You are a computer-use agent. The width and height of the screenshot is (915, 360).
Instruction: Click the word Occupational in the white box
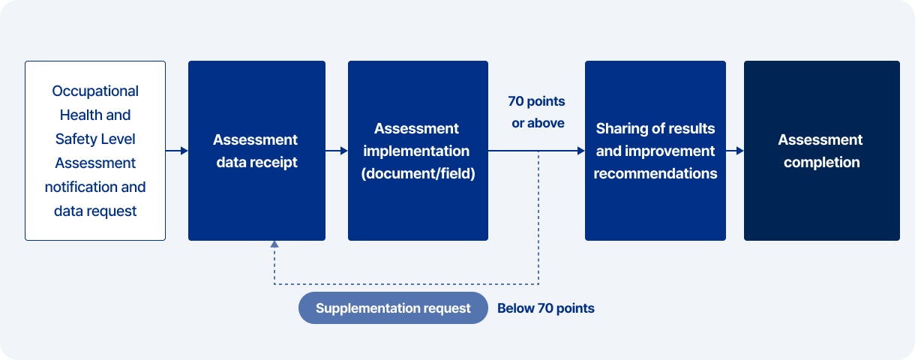pos(95,91)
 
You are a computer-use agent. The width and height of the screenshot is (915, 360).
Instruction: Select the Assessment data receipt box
pos(256,151)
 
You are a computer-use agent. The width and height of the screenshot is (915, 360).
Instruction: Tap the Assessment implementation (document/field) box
pos(418,151)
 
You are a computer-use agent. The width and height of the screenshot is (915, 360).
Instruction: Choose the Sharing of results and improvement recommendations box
pos(655,151)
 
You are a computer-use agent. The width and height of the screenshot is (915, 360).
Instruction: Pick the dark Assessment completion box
pos(821,151)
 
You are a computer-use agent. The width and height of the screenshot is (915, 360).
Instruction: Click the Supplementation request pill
pos(393,308)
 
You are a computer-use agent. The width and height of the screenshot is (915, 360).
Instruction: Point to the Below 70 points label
pos(546,308)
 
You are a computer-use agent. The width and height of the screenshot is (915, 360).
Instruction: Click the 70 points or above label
pos(537,112)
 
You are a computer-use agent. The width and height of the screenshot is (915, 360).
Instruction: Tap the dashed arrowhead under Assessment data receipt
pos(274,244)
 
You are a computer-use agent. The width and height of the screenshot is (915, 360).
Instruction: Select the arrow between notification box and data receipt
pos(177,151)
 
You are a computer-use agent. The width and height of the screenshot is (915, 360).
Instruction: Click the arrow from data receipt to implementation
pos(337,151)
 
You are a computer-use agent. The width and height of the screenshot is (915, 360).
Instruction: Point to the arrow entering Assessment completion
pos(735,151)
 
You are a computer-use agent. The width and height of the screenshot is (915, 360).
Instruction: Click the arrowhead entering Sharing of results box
pos(580,151)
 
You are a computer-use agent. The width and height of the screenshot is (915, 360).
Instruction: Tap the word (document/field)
pos(418,174)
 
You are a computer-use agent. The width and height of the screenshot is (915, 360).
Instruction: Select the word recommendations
pos(655,174)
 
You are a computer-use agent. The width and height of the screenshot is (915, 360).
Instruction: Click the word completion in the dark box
pos(821,163)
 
